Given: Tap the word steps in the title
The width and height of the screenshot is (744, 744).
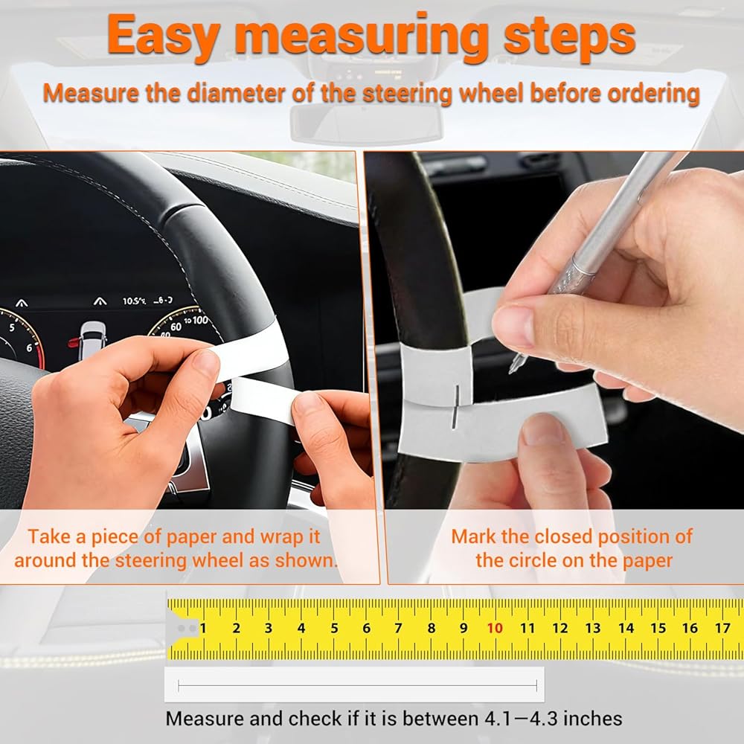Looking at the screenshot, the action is tap(569, 39).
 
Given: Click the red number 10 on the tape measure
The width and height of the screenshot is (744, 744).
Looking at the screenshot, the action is tap(495, 628).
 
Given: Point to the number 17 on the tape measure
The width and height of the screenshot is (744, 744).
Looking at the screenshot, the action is tap(722, 628).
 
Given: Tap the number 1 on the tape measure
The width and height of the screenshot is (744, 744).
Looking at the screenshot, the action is tap(203, 628).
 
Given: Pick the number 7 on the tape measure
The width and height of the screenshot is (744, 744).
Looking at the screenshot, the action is tap(399, 628).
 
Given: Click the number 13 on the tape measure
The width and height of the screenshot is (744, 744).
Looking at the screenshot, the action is tap(593, 628).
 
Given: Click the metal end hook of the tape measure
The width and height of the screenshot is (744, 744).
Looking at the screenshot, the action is tap(183, 629).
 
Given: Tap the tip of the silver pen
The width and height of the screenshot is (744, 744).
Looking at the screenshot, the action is tap(512, 371).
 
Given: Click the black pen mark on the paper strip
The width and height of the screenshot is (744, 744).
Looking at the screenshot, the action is tap(455, 407).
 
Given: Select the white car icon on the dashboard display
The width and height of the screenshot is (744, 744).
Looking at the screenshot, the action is tap(92, 339).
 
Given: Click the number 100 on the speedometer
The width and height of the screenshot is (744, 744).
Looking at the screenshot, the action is tap(199, 320).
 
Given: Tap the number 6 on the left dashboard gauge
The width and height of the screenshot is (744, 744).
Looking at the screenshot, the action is tap(30, 348).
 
